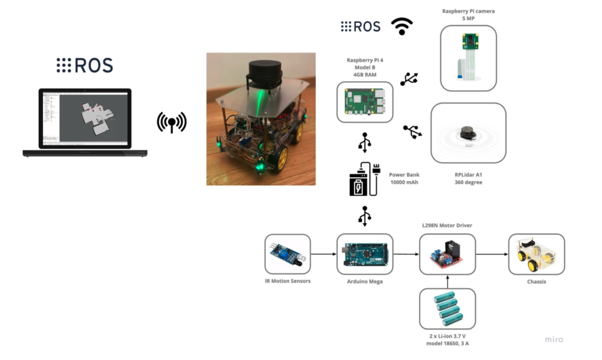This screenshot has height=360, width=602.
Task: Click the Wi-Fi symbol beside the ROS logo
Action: coord(402,26)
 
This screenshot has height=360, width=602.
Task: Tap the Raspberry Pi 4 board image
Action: coord(364,102)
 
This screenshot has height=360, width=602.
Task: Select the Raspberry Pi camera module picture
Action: coord(469,58)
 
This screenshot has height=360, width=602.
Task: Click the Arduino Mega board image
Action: coord(364,254)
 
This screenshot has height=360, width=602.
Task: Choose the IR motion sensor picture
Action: coord(287,254)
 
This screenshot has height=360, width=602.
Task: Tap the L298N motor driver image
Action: coord(447,254)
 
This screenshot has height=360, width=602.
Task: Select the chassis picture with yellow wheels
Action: coord(536,254)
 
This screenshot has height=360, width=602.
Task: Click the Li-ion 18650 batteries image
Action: coord(447,309)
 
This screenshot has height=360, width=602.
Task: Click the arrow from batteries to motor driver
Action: coord(447,282)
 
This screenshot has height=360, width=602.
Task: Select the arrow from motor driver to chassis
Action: coord(492,254)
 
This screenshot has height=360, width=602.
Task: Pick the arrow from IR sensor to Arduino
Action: coord(324,254)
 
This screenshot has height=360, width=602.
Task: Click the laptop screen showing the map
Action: coord(85,118)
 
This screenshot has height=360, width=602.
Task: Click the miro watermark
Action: coord(554,339)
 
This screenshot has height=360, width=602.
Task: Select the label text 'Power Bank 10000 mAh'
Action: coord(404,178)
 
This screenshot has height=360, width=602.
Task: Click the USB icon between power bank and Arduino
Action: coord(364,216)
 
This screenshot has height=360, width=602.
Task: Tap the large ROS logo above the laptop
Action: coord(85,65)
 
